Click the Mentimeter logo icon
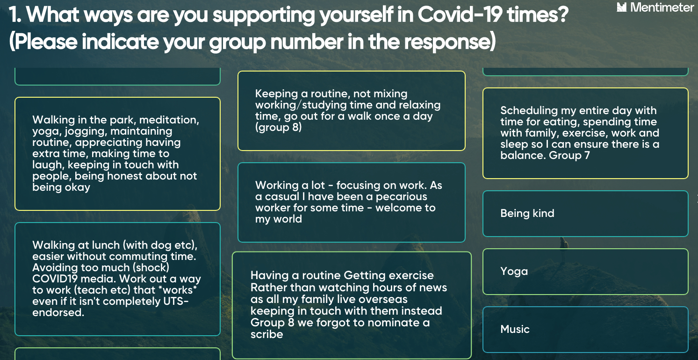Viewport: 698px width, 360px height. [622, 7]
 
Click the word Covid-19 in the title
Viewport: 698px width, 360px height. [460, 14]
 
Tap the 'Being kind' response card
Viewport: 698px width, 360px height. [585, 214]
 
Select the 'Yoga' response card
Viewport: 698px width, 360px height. [585, 272]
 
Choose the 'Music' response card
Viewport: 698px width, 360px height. [585, 330]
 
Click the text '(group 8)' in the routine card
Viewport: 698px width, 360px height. [278, 128]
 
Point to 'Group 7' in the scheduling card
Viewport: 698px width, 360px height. [569, 155]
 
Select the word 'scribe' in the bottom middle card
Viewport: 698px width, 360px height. [267, 334]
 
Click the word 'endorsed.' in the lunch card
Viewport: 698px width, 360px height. [58, 312]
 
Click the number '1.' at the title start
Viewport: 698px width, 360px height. [15, 14]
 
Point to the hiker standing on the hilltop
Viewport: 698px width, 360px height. [563, 249]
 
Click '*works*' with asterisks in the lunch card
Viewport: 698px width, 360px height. [178, 290]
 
